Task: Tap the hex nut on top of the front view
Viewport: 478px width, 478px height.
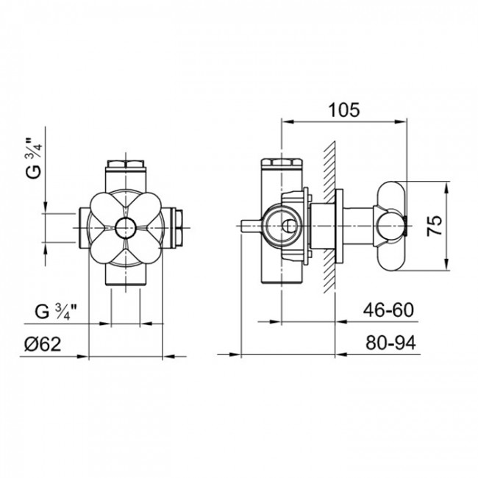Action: pos(125,162)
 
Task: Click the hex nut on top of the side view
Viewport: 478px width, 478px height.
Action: pos(281,162)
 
